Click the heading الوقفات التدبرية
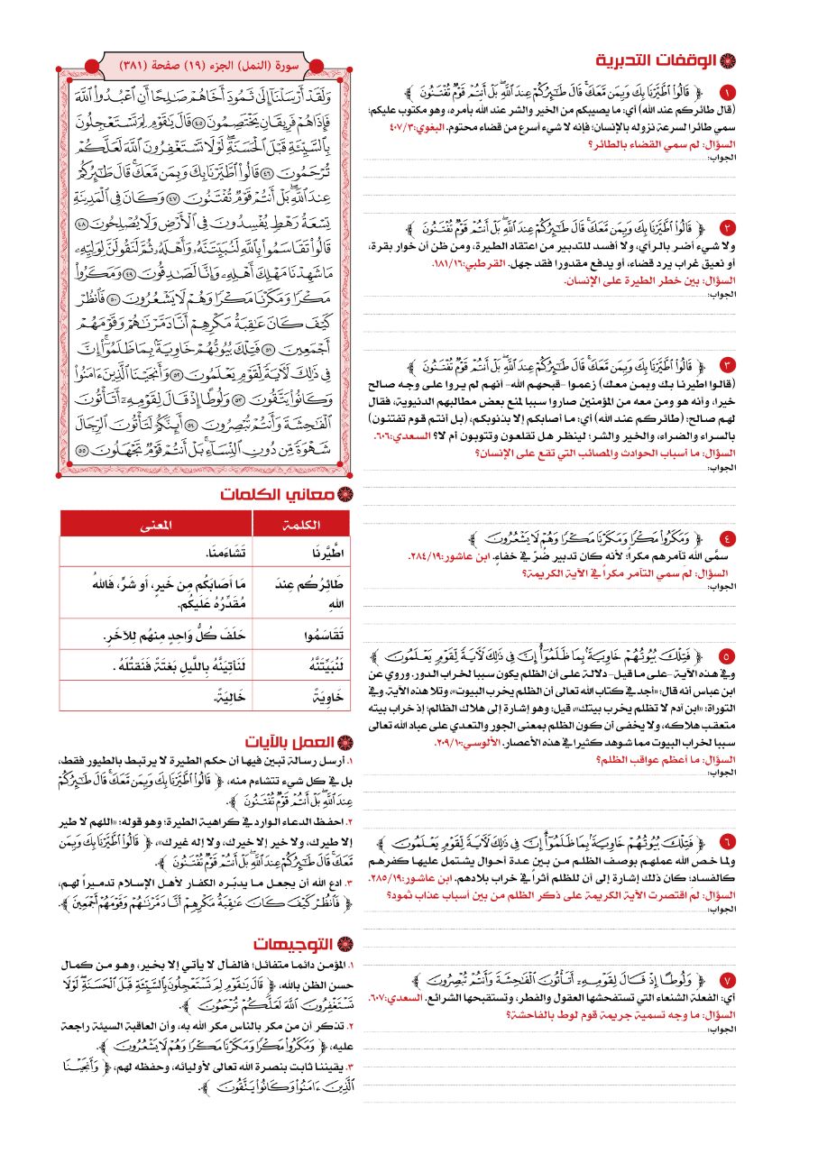point(657,61)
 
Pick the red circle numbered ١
point(729,92)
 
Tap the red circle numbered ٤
point(729,538)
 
